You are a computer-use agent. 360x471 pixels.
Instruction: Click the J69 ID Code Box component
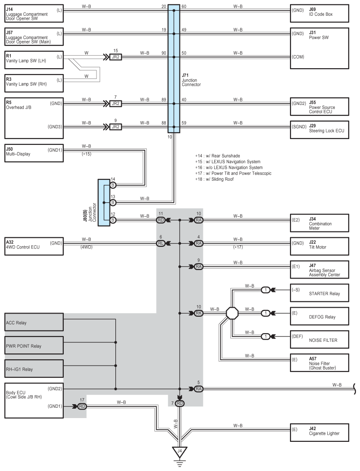(x=320, y=13)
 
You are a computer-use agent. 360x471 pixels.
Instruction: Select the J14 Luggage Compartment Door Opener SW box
(x=34, y=13)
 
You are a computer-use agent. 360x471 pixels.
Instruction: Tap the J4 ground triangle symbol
(x=180, y=452)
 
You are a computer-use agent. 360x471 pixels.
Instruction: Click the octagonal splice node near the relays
(x=232, y=313)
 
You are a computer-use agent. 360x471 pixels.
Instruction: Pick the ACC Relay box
(x=34, y=322)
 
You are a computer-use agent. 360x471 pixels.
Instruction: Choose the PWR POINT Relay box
(x=34, y=345)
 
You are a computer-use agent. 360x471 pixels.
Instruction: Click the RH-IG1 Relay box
(x=34, y=369)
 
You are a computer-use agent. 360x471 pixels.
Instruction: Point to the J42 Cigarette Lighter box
(x=320, y=432)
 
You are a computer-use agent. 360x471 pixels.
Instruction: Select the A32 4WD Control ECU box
(x=34, y=246)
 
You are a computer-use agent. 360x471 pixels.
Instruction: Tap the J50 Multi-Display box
(x=34, y=153)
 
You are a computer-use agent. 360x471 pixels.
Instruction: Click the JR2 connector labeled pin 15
(x=115, y=57)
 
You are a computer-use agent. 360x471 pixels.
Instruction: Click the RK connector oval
(x=199, y=313)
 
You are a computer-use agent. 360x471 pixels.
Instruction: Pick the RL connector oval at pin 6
(x=161, y=243)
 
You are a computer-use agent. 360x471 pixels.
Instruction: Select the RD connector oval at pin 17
(x=82, y=406)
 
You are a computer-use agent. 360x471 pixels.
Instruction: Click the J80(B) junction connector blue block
(x=104, y=203)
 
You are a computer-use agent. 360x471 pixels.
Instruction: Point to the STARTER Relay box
(x=320, y=293)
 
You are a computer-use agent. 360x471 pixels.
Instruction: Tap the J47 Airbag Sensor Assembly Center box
(x=320, y=270)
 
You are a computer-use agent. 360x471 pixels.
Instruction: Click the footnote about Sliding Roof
(x=214, y=179)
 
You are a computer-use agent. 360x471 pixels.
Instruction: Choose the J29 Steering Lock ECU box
(x=320, y=130)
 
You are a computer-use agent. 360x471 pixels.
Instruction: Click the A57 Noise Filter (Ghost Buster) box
(x=320, y=363)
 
